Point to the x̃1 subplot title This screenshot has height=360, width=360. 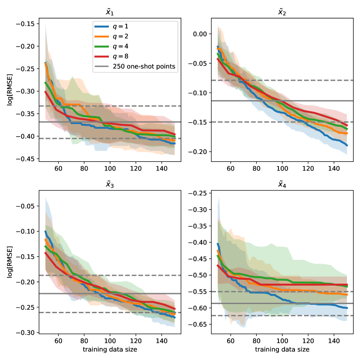tap(110, 13)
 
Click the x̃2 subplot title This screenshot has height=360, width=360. tap(282, 13)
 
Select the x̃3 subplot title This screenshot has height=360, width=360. tap(110, 185)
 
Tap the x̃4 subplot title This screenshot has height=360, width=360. tap(282, 185)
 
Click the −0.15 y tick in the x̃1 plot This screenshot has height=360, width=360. tap(27, 23)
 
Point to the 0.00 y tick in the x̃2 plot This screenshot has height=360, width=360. tap(202, 34)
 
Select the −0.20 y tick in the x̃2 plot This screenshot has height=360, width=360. tap(200, 152)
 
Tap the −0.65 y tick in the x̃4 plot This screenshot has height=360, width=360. tap(200, 324)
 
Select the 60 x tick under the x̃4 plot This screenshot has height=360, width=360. tap(230, 341)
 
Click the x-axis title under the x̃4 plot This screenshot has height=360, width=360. tap(282, 350)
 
